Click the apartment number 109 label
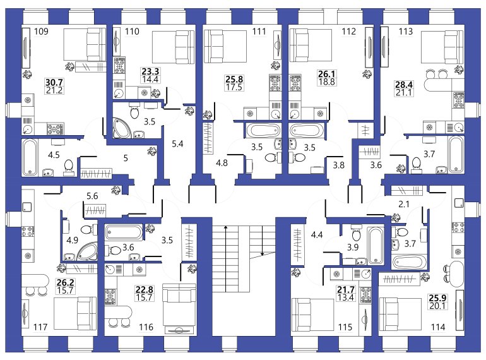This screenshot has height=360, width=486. [x=41, y=32]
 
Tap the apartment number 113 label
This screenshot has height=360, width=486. [x=406, y=32]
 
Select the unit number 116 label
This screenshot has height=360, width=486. [x=146, y=327]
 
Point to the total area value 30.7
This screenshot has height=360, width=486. [x=54, y=83]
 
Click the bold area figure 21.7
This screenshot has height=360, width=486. [x=346, y=290]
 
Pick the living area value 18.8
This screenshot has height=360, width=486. [x=327, y=82]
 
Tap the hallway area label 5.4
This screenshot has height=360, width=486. [x=177, y=144]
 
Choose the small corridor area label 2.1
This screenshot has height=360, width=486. [x=403, y=204]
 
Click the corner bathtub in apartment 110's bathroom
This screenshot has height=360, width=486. [x=121, y=127]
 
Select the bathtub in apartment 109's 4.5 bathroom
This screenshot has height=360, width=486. [x=30, y=157]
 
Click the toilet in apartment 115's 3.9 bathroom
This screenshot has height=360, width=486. [x=356, y=233]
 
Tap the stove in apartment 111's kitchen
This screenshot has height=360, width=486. [x=275, y=83]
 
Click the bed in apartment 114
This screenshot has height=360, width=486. [x=400, y=315]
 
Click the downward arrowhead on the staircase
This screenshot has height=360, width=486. [x=262, y=254]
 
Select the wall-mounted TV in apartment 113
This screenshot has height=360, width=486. [x=384, y=47]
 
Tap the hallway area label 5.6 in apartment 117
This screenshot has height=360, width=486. [x=92, y=196]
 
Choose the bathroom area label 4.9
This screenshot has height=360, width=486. [x=72, y=240]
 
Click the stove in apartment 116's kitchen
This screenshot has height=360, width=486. [x=110, y=296]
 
